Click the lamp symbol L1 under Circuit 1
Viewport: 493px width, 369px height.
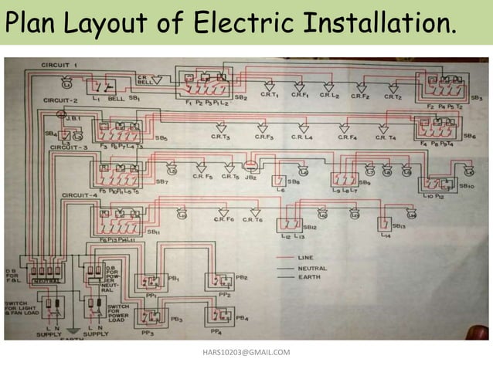(97, 86)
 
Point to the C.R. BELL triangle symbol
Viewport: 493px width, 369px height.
(157, 79)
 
